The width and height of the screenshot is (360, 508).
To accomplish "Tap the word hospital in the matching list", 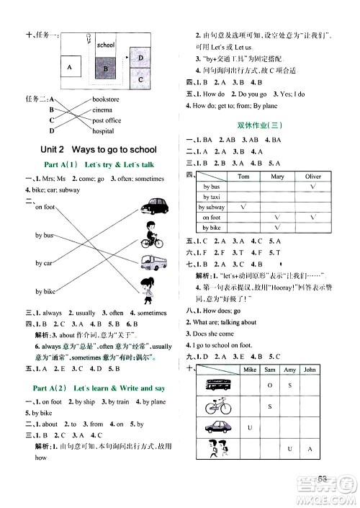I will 104,131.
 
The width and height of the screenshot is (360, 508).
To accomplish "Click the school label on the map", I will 105,45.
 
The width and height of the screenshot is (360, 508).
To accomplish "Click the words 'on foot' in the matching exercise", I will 45,208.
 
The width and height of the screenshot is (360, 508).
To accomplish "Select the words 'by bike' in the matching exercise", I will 45,291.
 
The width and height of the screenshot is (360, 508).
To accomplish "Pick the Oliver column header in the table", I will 312,176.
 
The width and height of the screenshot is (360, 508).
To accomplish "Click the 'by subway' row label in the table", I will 212,207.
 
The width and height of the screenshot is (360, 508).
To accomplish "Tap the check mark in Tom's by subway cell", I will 244,207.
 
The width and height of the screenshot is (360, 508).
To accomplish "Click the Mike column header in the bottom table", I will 250,370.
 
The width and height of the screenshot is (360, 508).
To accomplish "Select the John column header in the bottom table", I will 310,370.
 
